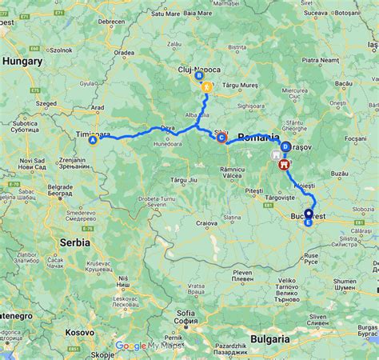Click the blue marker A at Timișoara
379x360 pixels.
pyautogui.click(x=93, y=140)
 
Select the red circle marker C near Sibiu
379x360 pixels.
pyautogui.click(x=221, y=138)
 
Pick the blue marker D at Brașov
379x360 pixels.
pyautogui.click(x=285, y=147)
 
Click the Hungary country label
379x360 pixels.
pyautogui.click(x=22, y=60)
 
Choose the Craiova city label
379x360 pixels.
pyautogui.click(x=207, y=223)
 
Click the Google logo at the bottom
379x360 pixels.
pyautogui.click(x=131, y=346)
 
